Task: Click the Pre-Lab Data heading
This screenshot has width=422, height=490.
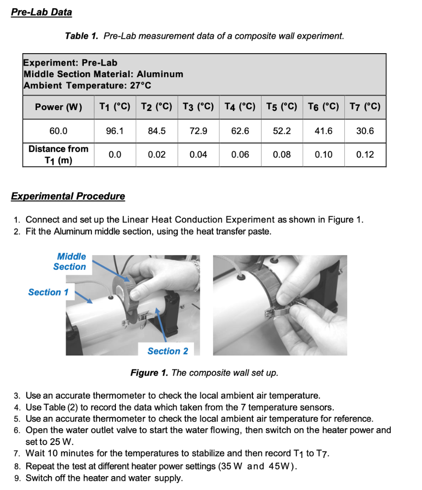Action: [42, 12]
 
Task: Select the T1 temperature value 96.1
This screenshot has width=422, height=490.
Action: [115, 131]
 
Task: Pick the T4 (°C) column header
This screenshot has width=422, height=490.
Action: [240, 107]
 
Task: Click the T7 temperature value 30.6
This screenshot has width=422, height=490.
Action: [365, 131]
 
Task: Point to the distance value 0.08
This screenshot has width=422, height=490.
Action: [282, 155]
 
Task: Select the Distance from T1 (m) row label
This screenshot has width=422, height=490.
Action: [58, 155]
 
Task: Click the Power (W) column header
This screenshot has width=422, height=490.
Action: [58, 107]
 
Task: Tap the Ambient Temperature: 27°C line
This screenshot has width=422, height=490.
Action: [88, 86]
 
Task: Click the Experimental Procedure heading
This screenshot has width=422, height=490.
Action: [68, 196]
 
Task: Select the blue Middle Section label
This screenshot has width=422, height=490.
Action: [70, 262]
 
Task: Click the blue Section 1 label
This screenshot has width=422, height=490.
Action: [48, 292]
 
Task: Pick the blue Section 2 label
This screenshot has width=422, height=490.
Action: [168, 351]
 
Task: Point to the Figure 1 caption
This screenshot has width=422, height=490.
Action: [205, 373]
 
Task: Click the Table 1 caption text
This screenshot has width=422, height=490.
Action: [205, 36]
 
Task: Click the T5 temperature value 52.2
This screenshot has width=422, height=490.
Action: [282, 131]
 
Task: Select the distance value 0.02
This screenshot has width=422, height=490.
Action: [157, 155]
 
